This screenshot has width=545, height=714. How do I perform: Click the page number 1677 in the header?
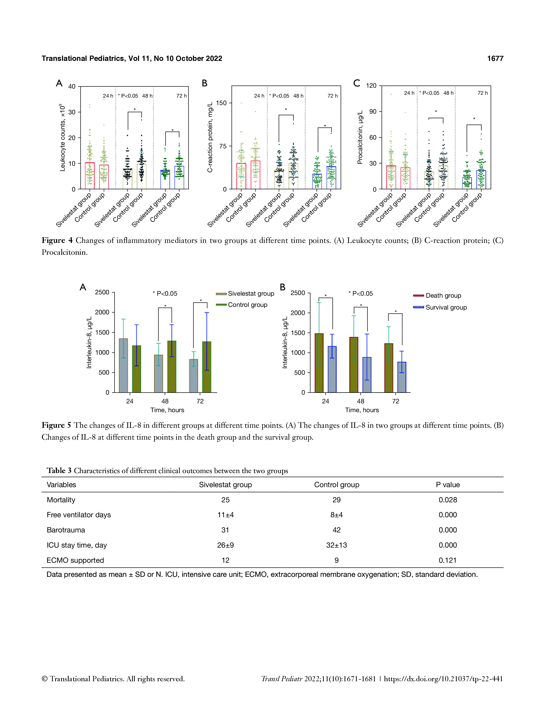[x=495, y=58]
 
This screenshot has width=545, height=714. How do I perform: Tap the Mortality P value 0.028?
[x=448, y=500]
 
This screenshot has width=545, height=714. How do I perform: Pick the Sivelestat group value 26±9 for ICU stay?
[x=225, y=545]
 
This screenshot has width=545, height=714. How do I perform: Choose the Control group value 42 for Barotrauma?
[x=336, y=530]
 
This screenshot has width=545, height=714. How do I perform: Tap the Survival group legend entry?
[x=446, y=307]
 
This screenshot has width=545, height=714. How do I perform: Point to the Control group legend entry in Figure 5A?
[x=247, y=305]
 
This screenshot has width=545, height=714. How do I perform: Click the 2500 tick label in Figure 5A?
[x=102, y=292]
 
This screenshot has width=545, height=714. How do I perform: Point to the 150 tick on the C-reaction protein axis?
[x=221, y=103]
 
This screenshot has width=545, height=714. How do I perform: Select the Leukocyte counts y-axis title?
[x=62, y=138]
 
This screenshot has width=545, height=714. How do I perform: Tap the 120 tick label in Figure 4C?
[x=371, y=86]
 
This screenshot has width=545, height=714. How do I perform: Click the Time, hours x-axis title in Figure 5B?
[x=362, y=410]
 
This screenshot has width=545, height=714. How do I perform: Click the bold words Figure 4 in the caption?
[x=57, y=240]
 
